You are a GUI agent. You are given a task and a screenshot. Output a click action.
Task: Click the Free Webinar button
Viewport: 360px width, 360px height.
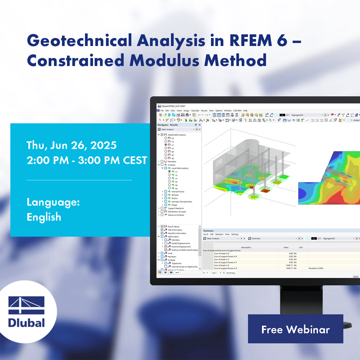[295, 329]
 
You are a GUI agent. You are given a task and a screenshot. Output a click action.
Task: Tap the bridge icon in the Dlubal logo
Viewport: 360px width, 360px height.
[27, 305]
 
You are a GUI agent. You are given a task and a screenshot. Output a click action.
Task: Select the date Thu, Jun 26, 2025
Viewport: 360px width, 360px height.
[72, 145]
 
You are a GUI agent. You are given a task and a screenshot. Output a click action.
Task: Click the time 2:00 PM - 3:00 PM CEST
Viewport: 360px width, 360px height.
[87, 160]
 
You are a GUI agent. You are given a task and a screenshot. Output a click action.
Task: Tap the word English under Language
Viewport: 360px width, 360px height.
[44, 217]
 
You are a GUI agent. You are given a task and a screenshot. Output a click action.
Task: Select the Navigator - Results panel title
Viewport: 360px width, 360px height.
[168, 125]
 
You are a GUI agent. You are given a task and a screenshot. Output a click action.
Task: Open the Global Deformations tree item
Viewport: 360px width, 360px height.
[176, 135]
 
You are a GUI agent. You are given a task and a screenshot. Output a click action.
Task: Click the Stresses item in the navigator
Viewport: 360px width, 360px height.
[175, 195]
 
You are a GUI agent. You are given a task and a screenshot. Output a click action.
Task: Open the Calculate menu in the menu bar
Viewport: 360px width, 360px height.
[195, 110]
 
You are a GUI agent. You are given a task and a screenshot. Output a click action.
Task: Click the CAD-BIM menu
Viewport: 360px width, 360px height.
[238, 110]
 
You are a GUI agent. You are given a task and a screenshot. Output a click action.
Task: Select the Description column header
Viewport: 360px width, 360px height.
[246, 247]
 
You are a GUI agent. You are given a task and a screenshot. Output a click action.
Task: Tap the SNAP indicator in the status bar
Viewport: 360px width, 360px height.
[356, 277]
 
